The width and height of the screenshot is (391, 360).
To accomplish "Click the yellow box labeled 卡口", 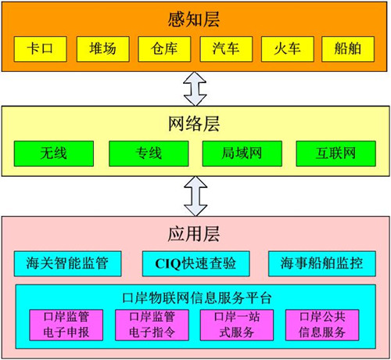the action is [41, 49].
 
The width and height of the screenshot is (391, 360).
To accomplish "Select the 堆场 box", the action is [103, 49].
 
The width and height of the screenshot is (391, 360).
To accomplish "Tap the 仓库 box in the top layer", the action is [164, 49].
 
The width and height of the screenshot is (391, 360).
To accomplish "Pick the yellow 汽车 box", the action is [226, 49].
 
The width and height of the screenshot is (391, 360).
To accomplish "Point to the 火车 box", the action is [288, 49].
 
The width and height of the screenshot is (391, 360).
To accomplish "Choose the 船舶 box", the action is [348, 49].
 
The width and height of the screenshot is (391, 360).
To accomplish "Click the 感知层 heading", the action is [194, 20].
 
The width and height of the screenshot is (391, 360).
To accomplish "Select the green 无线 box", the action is [54, 153].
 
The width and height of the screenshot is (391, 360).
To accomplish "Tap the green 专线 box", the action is [149, 153].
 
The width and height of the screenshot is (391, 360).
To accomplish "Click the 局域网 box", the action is [242, 153].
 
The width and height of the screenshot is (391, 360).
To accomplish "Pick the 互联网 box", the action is [336, 153].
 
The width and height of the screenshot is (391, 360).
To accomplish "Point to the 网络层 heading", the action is [194, 124].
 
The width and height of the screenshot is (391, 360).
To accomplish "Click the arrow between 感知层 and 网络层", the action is [195, 89].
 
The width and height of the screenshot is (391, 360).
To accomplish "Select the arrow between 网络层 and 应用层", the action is [195, 196].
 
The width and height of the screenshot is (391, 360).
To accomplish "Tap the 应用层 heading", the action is [194, 234].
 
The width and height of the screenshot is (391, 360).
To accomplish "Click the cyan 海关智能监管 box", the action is [68, 264].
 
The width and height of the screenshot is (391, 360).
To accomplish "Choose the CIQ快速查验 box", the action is [196, 264].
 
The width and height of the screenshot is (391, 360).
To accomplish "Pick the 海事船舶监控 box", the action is [322, 264].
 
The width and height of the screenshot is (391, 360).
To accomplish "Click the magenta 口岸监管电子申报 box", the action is [66, 325].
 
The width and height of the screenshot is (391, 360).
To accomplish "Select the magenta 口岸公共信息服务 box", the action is [322, 325].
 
